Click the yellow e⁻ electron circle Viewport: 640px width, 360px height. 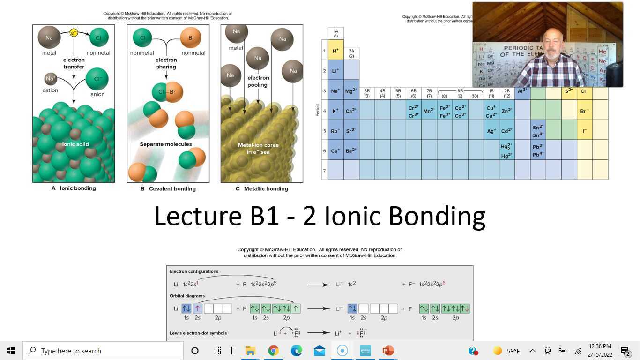[74, 33]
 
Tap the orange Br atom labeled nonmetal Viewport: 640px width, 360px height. [191, 37]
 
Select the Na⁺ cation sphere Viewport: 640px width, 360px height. [51, 79]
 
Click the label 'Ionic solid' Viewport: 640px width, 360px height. [75, 144]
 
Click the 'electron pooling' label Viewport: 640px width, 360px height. [258, 82]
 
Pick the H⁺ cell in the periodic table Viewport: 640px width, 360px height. [335, 51]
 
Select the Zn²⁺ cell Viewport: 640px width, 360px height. [507, 111]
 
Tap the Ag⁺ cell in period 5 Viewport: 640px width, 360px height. [491, 131]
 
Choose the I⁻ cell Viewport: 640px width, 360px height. [584, 131]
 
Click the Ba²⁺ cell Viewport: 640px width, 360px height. [351, 150]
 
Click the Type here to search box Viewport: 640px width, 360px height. [103, 351]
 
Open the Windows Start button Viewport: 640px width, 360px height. [11, 351]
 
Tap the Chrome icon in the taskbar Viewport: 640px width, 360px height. [274, 351]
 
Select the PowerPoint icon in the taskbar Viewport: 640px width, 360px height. [388, 351]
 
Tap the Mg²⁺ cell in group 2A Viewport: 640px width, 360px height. [351, 91]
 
